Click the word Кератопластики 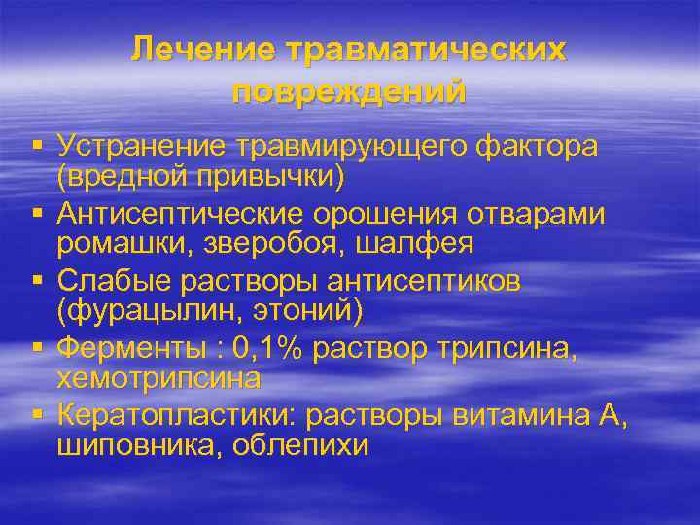177,415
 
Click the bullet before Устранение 37,146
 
